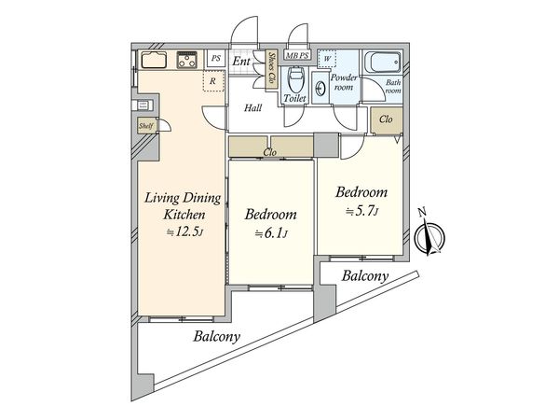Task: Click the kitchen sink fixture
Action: point(154,60)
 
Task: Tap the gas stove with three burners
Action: point(187,60)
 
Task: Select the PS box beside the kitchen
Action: point(216,58)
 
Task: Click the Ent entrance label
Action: point(241,61)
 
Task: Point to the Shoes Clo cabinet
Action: point(272,68)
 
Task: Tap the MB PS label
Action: point(297,55)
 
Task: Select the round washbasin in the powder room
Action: point(320,89)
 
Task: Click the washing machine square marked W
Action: point(327,59)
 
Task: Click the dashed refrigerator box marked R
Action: point(213,80)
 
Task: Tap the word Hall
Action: point(252,107)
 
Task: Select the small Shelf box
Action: point(146,126)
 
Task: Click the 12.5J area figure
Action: point(185,232)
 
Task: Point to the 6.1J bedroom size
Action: point(271,234)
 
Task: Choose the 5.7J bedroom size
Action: point(361,212)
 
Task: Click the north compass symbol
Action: point(429,236)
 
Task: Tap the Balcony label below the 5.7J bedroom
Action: point(364,276)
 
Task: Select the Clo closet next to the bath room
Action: point(386,120)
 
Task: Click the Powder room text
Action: point(344,82)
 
